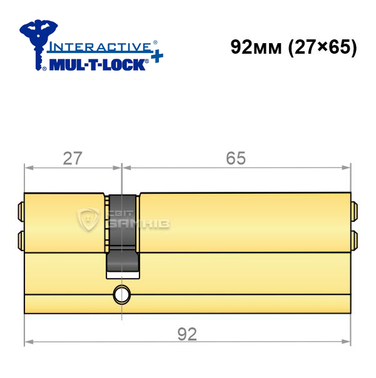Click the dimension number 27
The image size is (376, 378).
pyautogui.click(x=73, y=158)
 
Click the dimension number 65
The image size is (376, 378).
pyautogui.click(x=236, y=158)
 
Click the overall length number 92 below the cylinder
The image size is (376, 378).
pyautogui.click(x=187, y=334)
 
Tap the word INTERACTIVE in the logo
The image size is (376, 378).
pyautogui.click(x=99, y=47)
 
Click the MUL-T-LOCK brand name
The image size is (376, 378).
pyautogui.click(x=97, y=64)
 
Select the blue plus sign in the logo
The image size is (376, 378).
pyautogui.click(x=157, y=57)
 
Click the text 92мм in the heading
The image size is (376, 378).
pyautogui.click(x=256, y=47)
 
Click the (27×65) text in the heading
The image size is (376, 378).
pyautogui.click(x=323, y=47)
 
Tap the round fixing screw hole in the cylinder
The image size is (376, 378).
pyautogui.click(x=122, y=294)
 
